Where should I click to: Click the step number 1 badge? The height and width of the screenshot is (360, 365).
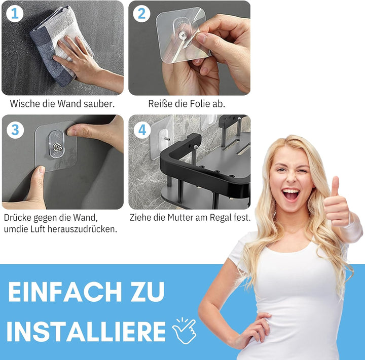click(x=15, y=14)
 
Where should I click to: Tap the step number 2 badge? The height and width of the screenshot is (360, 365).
click(x=142, y=14)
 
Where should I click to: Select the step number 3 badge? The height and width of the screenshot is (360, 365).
click(x=15, y=130)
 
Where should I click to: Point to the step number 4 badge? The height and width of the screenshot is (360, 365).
click(x=142, y=130)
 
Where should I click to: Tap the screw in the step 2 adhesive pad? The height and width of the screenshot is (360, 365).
click(x=182, y=35)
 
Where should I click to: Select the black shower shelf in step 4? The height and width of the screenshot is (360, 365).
click(x=203, y=167)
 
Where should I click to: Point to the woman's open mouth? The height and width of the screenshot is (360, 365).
click(x=290, y=193)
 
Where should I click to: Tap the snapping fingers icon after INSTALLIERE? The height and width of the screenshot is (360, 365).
click(x=184, y=330)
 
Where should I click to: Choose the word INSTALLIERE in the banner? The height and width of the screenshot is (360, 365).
click(x=86, y=332)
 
